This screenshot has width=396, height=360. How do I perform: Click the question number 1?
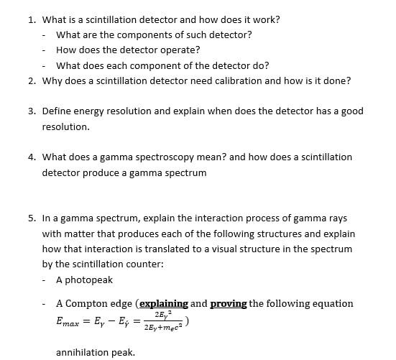tap(32, 19)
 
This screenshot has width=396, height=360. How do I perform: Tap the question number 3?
tap(32, 111)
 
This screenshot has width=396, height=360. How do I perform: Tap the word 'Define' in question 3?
tap(57, 111)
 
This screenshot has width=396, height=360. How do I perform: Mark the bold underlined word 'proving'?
tap(229, 304)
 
